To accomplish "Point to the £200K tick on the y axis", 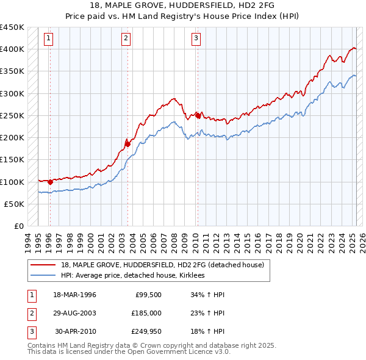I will pos(13,138).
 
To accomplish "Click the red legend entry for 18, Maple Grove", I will pos(162,265).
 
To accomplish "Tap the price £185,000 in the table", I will pos(146,313).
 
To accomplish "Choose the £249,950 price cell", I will pos(146,331).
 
